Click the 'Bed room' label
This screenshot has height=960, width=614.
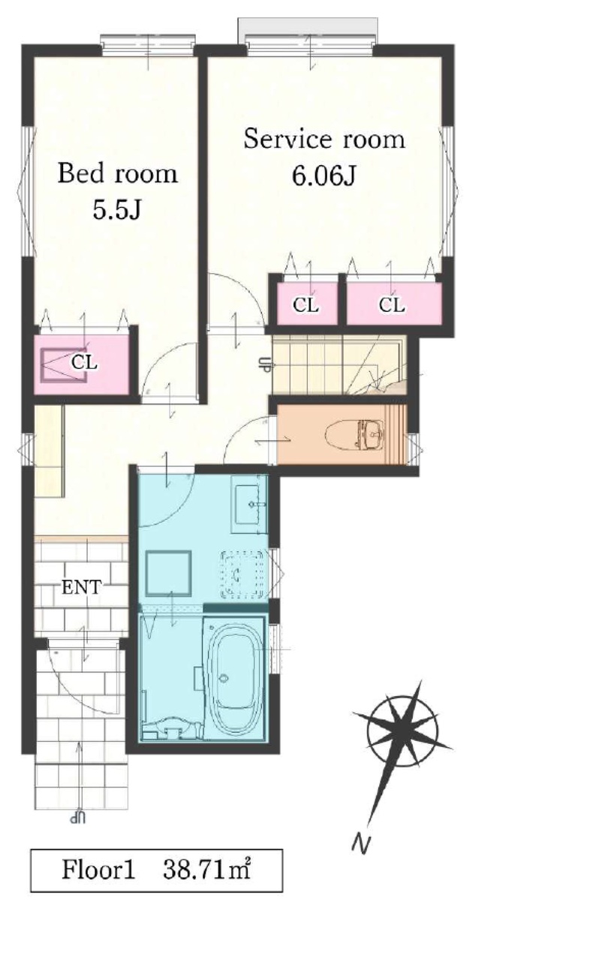pyautogui.click(x=117, y=173)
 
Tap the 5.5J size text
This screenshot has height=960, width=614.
pyautogui.click(x=117, y=210)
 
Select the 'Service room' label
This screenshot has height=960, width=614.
pyautogui.click(x=324, y=139)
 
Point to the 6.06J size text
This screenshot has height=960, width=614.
pyautogui.click(x=324, y=175)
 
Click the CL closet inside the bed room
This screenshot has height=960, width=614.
pyautogui.click(x=82, y=364)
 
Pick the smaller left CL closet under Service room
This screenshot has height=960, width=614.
pyautogui.click(x=307, y=304)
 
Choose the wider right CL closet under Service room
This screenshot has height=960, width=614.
pyautogui.click(x=393, y=304)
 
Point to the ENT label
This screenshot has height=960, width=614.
pyautogui.click(x=82, y=586)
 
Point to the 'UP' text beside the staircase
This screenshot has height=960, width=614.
pyautogui.click(x=266, y=365)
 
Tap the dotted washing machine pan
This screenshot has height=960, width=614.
pyautogui.click(x=242, y=574)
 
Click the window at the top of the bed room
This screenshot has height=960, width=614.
pyautogui.click(x=148, y=44)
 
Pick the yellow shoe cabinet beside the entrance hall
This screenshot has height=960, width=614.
pyautogui.click(x=50, y=451)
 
